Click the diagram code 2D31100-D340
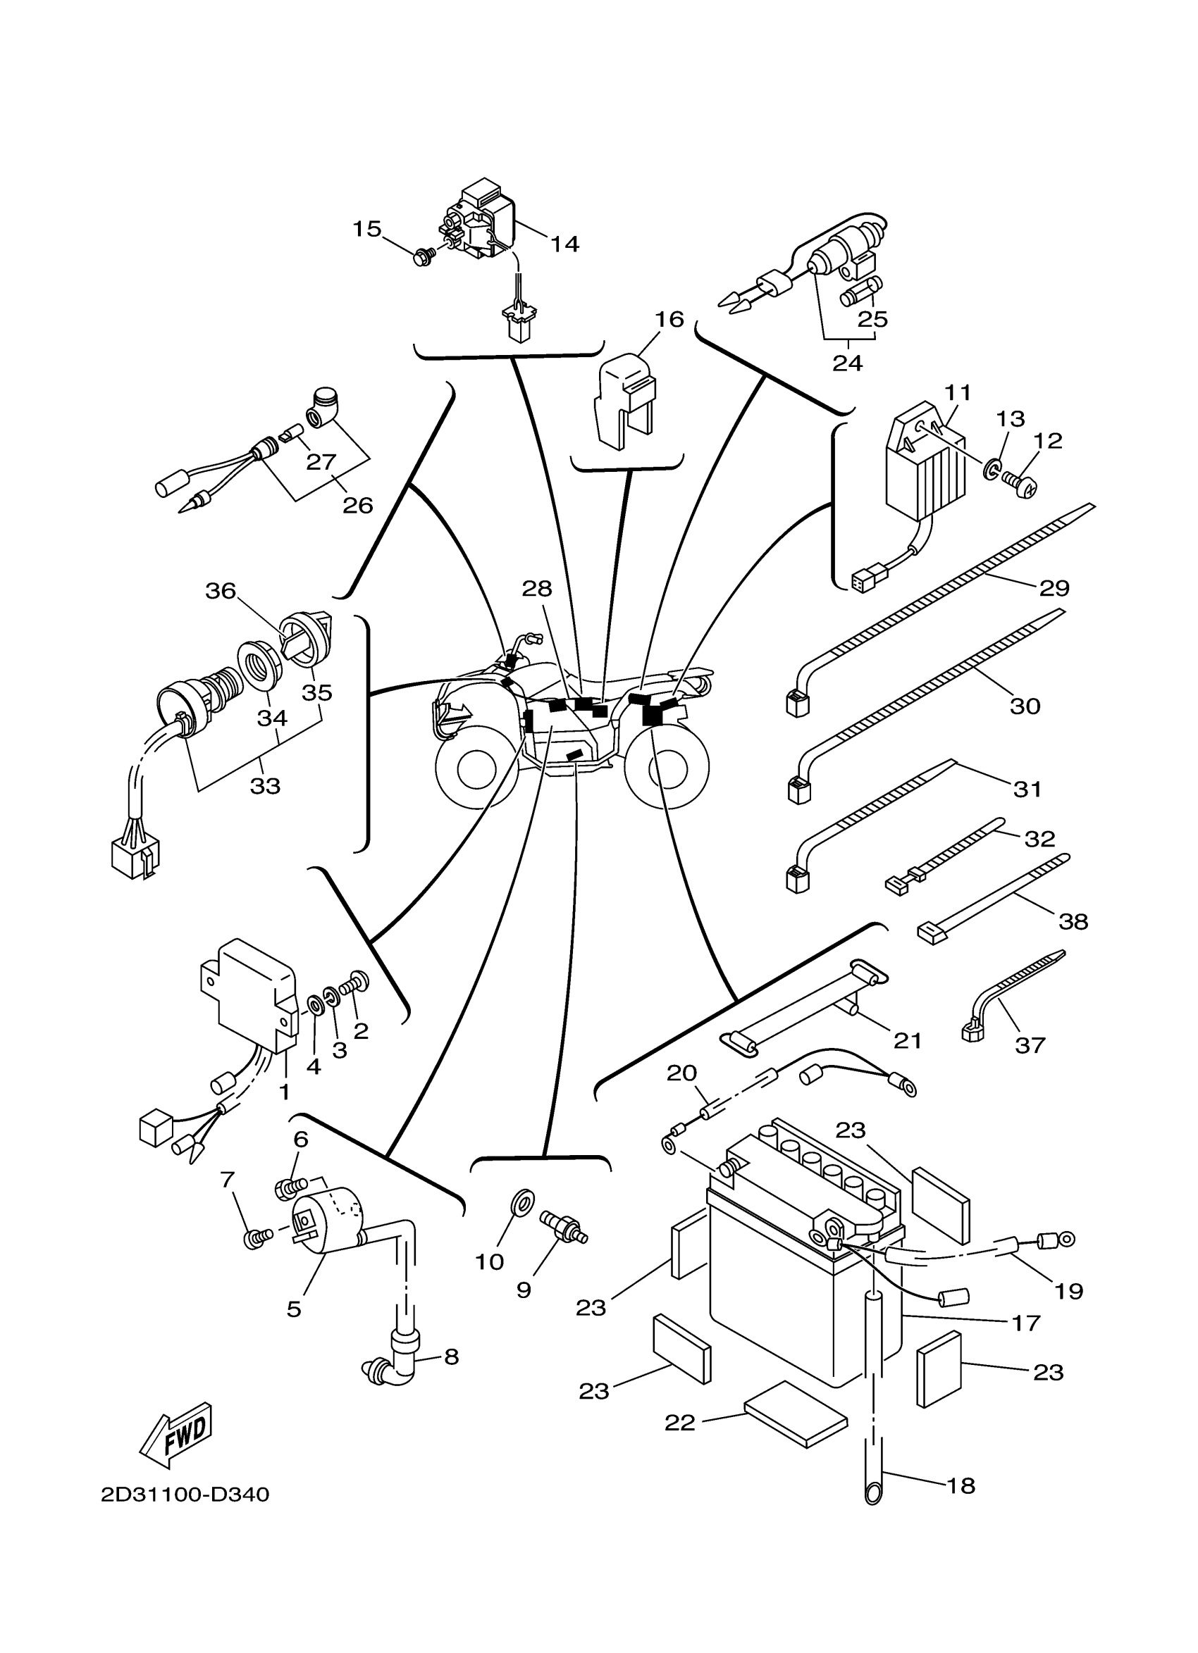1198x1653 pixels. [x=185, y=1494]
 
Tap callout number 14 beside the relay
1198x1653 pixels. [x=564, y=244]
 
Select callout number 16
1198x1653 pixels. [x=669, y=319]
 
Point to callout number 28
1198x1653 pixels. [x=538, y=589]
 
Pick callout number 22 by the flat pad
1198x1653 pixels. [x=679, y=1422]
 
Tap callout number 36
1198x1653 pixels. [x=220, y=590]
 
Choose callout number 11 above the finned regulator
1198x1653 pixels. [x=958, y=393]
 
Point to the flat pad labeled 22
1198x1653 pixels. [x=796, y=1414]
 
